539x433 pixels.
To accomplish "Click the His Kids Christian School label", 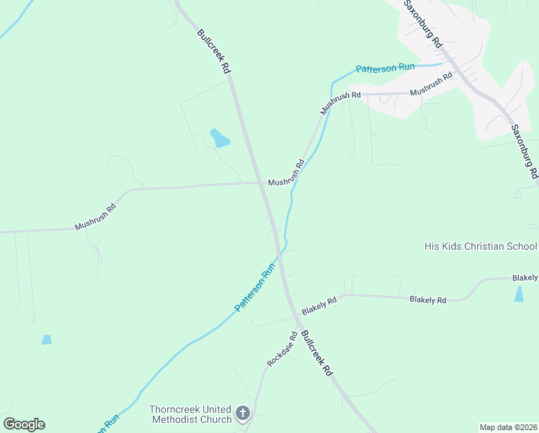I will (481, 246).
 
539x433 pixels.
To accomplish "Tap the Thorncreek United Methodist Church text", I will (190, 414).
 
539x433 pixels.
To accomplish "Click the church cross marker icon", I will (243, 414).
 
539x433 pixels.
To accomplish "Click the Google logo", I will (24, 424).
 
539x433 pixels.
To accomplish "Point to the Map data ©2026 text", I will (508, 427).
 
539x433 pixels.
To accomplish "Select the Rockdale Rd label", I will (282, 349).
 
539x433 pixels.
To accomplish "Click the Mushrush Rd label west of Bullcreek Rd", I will (95, 217).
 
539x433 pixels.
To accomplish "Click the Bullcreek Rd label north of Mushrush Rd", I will (214, 51).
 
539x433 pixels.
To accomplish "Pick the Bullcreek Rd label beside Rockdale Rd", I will (317, 354).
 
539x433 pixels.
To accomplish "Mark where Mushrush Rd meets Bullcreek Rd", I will (261, 183).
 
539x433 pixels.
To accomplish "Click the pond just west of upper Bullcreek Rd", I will (220, 137).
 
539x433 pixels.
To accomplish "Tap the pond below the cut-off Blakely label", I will (519, 294).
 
